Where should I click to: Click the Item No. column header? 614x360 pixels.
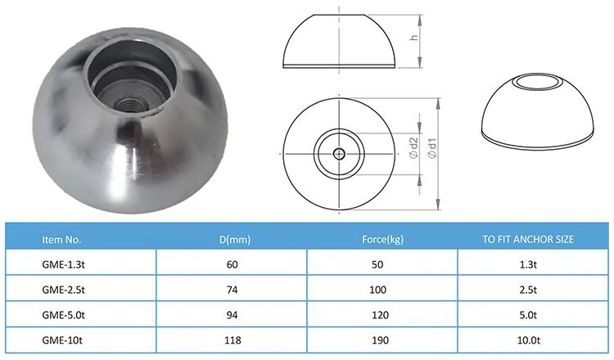(61, 240)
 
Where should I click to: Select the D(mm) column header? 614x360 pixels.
(235, 240)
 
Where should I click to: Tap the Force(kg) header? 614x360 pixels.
(382, 240)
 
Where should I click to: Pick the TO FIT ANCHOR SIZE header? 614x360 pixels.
(528, 240)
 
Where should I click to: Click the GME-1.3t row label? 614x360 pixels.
(63, 264)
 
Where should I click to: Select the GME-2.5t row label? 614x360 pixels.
(63, 290)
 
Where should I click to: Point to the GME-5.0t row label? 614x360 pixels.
(63, 315)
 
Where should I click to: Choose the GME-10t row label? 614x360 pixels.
(62, 340)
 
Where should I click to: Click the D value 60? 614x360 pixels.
(233, 264)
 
